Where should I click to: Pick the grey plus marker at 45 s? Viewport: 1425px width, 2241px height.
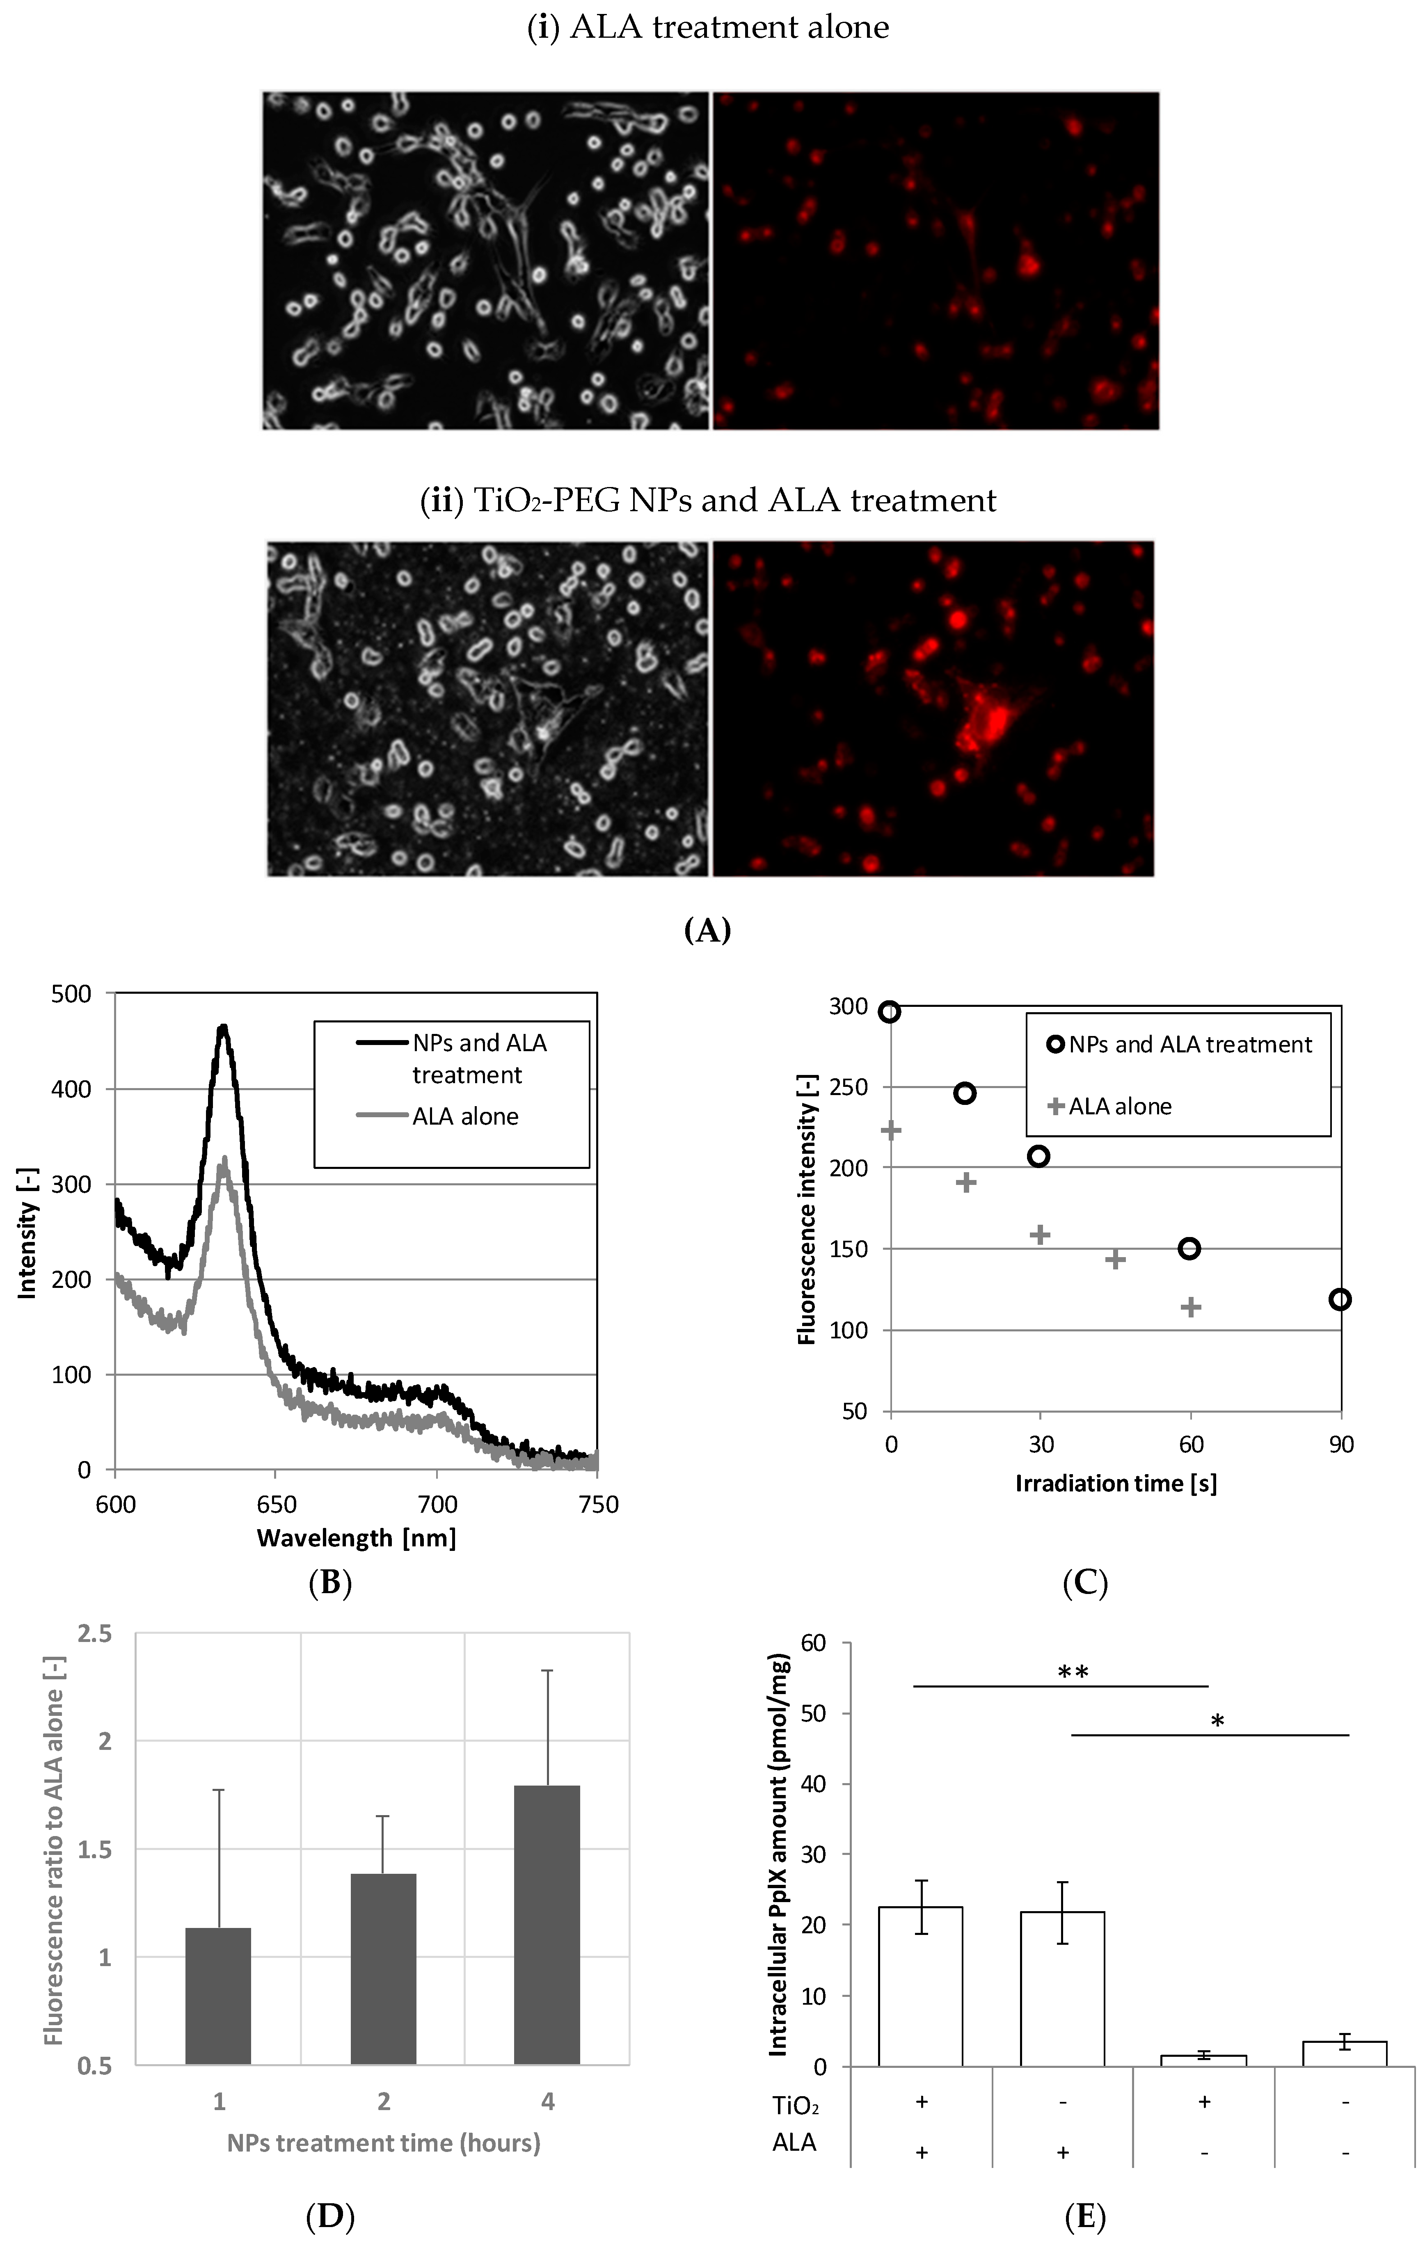point(1115,1259)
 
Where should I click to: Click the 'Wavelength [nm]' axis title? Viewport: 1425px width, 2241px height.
point(357,1538)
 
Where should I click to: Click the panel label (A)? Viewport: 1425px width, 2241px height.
point(707,930)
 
